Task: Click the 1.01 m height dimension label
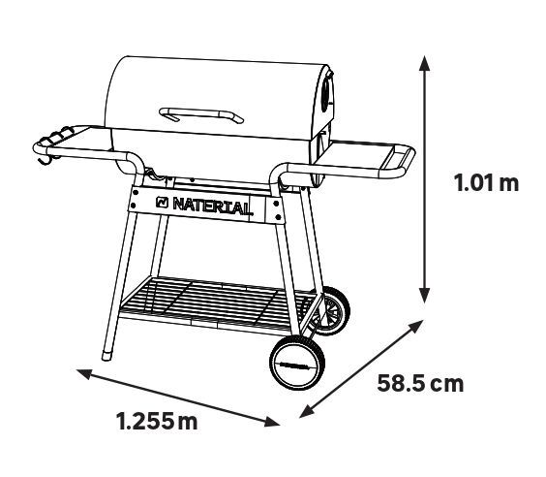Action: [486, 182]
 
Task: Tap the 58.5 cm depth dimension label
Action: [420, 383]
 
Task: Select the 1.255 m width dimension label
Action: [157, 421]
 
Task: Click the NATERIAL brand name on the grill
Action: [212, 207]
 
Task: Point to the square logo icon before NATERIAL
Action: [163, 202]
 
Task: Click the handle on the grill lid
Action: [201, 114]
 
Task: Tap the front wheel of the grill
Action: [298, 363]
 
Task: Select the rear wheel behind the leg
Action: [331, 311]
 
